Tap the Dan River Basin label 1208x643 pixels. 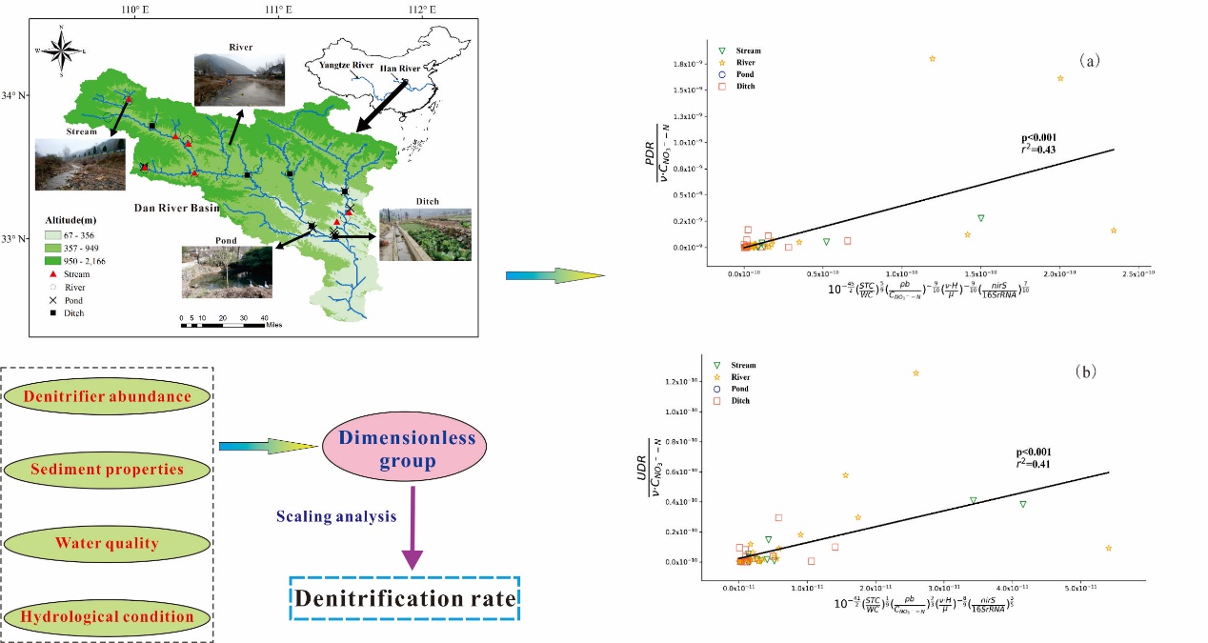coord(175,208)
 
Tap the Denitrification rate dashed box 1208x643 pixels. coord(406,599)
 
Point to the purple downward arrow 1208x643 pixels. coord(412,529)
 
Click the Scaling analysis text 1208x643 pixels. coord(336,516)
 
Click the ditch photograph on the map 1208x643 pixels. coord(425,234)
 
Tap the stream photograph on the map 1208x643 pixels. coord(79,165)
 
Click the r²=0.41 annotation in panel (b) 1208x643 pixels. coord(1033,464)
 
